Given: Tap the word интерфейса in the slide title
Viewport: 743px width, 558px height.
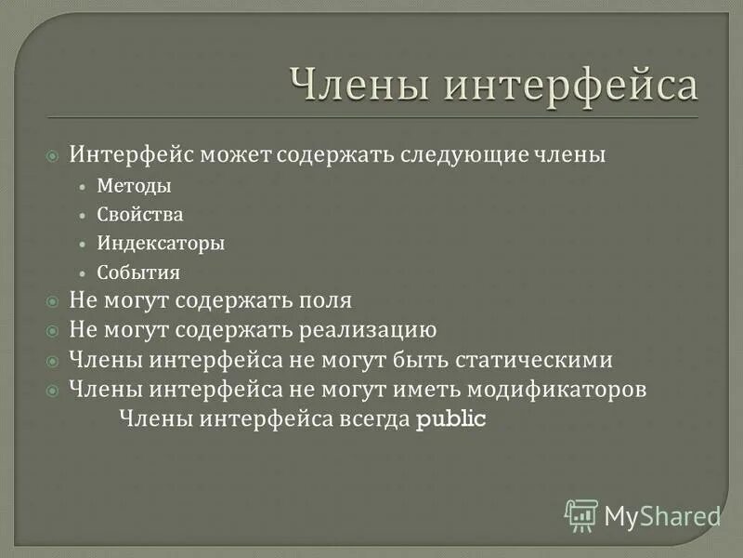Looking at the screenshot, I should click(x=570, y=85).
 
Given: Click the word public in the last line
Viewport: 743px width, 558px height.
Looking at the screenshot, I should click(x=451, y=418).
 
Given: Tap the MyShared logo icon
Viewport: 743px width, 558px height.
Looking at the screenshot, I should click(x=581, y=515).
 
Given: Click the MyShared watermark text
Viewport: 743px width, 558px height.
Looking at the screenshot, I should click(x=662, y=515).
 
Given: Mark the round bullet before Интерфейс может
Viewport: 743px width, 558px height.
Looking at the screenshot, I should click(x=54, y=154).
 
